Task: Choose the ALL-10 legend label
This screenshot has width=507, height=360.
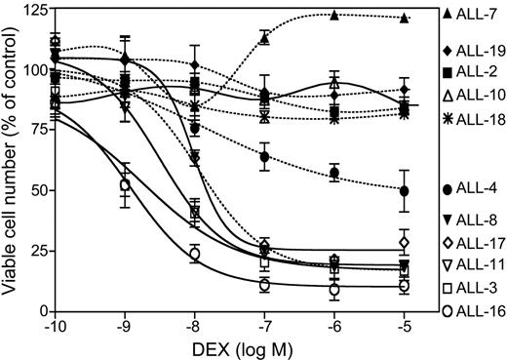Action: pyautogui.click(x=478, y=96)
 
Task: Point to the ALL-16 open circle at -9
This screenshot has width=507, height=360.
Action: pyautogui.click(x=125, y=184)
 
